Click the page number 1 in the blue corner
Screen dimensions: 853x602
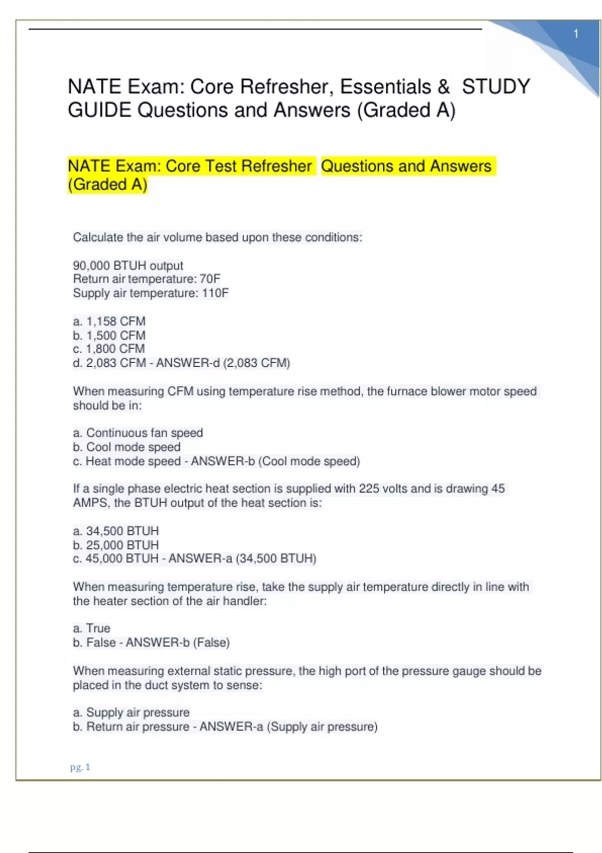576,34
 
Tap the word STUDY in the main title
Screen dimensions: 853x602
496,87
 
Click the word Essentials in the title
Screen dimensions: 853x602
385,87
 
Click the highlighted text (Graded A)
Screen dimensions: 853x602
107,185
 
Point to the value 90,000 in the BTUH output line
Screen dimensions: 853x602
91,265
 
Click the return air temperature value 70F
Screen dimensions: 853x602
210,279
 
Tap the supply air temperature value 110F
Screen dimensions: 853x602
215,293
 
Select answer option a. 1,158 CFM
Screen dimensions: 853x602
109,321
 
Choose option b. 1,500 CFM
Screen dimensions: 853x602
109,335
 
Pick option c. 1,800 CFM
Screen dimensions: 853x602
109,349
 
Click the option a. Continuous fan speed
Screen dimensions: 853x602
138,433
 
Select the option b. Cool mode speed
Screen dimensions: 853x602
126,447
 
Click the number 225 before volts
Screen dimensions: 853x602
370,489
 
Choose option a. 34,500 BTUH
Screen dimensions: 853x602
115,531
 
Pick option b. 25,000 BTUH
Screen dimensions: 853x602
115,545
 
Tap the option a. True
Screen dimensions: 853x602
92,628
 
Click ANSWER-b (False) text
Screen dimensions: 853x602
178,642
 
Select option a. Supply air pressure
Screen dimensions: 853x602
131,713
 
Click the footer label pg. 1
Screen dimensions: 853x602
80,767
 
